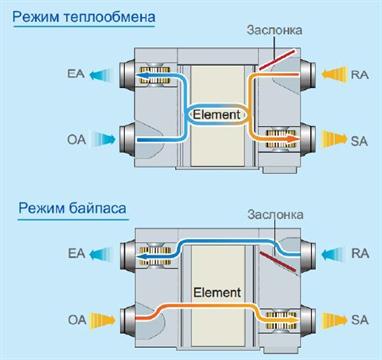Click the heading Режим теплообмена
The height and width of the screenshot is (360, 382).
84,17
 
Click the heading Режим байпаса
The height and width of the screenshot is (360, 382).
72,208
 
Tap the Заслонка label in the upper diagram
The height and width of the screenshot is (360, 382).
274,30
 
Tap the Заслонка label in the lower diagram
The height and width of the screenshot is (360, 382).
275,215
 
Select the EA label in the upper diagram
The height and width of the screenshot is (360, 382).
76,73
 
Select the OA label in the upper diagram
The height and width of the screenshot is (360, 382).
77,139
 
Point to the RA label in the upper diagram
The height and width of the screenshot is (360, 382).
360,74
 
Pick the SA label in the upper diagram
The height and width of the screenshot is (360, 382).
359,141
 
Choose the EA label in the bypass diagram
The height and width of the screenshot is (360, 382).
77,254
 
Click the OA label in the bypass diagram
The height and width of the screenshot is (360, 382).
77,320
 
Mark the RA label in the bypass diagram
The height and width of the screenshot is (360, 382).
360,254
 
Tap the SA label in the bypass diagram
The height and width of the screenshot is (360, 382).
360,320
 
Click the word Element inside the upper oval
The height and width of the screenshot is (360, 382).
217,115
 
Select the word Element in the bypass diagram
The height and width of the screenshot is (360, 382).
217,293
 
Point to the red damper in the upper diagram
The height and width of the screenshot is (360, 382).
277,60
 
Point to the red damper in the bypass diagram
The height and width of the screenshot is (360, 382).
278,262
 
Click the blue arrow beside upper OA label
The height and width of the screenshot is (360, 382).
103,139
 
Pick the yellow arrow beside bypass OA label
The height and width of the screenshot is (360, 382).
103,320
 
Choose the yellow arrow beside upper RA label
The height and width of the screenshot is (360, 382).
334,74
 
